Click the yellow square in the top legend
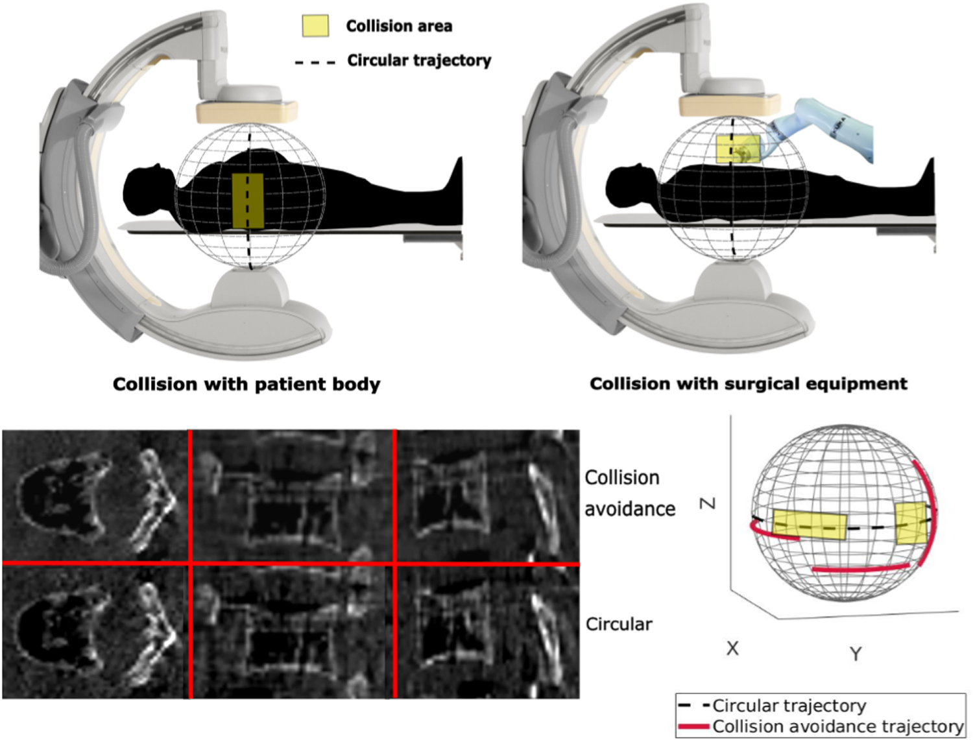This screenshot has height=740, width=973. (x=315, y=25)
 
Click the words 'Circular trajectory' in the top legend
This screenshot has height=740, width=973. (x=419, y=60)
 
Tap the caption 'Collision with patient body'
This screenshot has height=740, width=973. (x=246, y=384)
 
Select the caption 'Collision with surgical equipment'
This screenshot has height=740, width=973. (x=749, y=383)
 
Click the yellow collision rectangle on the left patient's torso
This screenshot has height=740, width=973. (x=248, y=200)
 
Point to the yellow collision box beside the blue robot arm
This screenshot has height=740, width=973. (x=738, y=149)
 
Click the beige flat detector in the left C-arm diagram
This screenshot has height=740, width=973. (x=247, y=112)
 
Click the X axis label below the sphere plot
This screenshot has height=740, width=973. (x=732, y=648)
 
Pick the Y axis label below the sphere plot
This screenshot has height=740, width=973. (x=856, y=653)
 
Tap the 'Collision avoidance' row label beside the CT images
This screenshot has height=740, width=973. (x=630, y=493)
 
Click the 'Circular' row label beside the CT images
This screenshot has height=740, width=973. (x=619, y=624)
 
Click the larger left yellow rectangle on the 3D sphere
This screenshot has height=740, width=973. (x=810, y=525)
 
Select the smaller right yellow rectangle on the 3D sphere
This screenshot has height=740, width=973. (x=911, y=523)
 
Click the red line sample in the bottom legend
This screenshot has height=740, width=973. (x=693, y=726)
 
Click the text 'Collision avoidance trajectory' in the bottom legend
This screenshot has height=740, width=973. (x=837, y=726)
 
